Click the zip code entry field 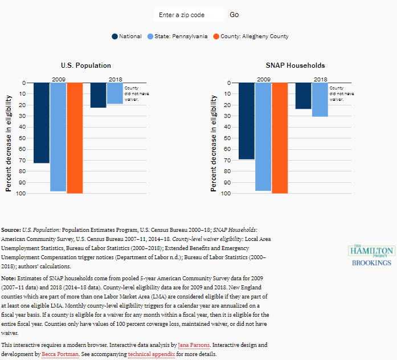click(x=189, y=15)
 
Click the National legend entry click(x=127, y=36)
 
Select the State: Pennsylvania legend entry click(x=178, y=36)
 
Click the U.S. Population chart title click(x=86, y=66)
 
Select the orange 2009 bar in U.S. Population click(x=75, y=138)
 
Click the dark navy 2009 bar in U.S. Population click(x=42, y=122)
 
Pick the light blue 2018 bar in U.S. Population click(x=115, y=93)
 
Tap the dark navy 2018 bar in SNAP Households click(x=303, y=96)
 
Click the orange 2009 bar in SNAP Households click(x=280, y=138)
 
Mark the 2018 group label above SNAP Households click(x=320, y=79)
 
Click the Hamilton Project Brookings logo click(x=371, y=256)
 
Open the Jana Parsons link click(x=193, y=346)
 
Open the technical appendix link click(x=152, y=354)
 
